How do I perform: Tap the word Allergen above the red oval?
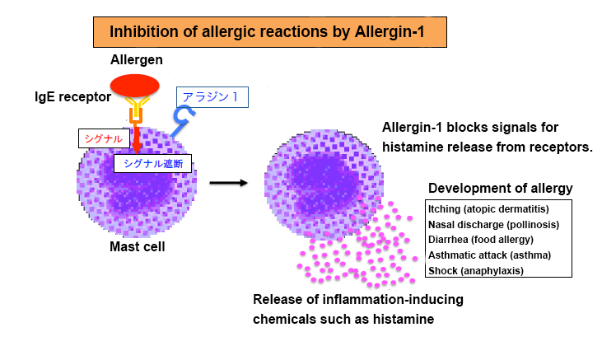tap(137, 60)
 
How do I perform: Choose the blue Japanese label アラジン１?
tap(211, 96)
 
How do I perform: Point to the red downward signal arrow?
tap(137, 140)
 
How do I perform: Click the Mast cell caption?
tap(138, 246)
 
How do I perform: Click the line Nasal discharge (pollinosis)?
tap(494, 224)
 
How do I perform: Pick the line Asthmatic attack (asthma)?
tap(489, 255)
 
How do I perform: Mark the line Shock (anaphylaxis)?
tap(476, 270)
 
